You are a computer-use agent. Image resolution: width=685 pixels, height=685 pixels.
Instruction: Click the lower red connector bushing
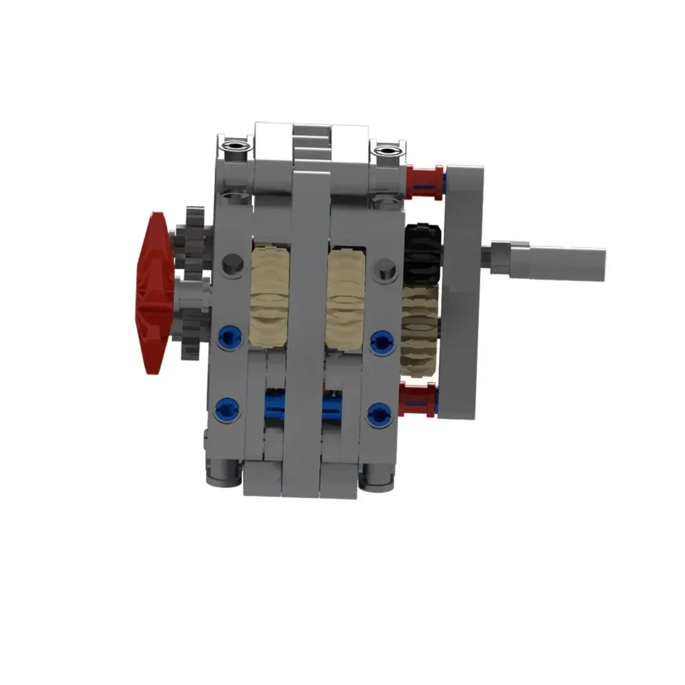point(417,401)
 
